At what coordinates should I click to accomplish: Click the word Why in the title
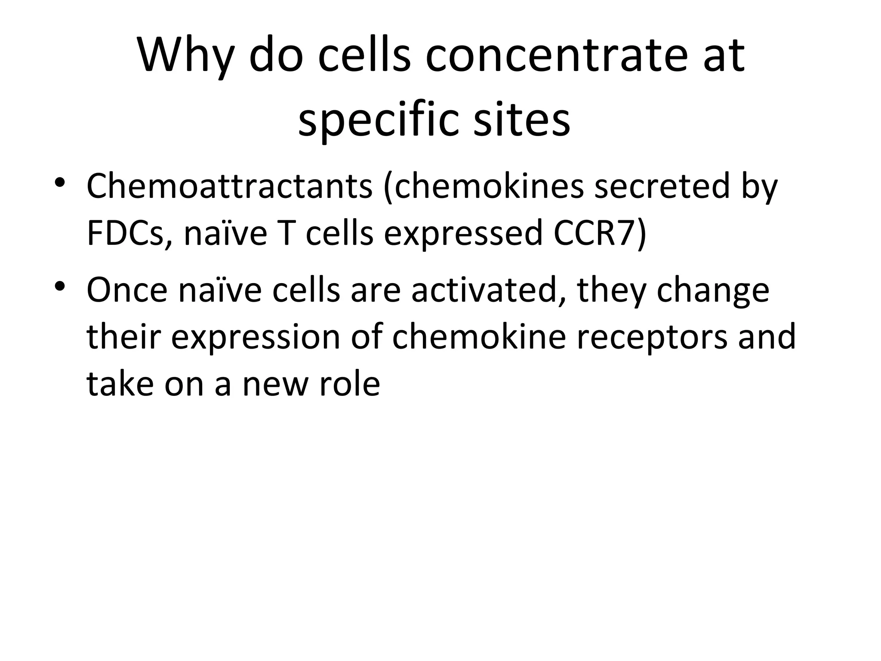185,56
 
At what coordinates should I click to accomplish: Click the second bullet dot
60,287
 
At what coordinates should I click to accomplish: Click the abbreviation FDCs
129,233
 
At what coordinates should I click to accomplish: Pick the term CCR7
595,233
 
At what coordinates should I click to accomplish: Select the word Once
127,290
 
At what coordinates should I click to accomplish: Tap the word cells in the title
365,56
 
